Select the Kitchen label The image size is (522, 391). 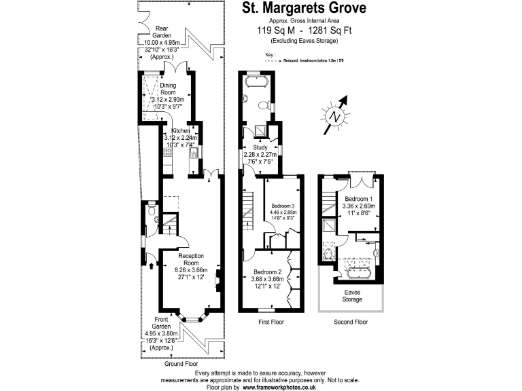(x=180, y=130)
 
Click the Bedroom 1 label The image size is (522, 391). (x=358, y=200)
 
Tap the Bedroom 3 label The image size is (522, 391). (x=283, y=206)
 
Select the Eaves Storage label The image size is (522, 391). (x=351, y=295)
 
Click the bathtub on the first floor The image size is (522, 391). (x=257, y=83)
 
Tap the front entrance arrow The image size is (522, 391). (x=150, y=264)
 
